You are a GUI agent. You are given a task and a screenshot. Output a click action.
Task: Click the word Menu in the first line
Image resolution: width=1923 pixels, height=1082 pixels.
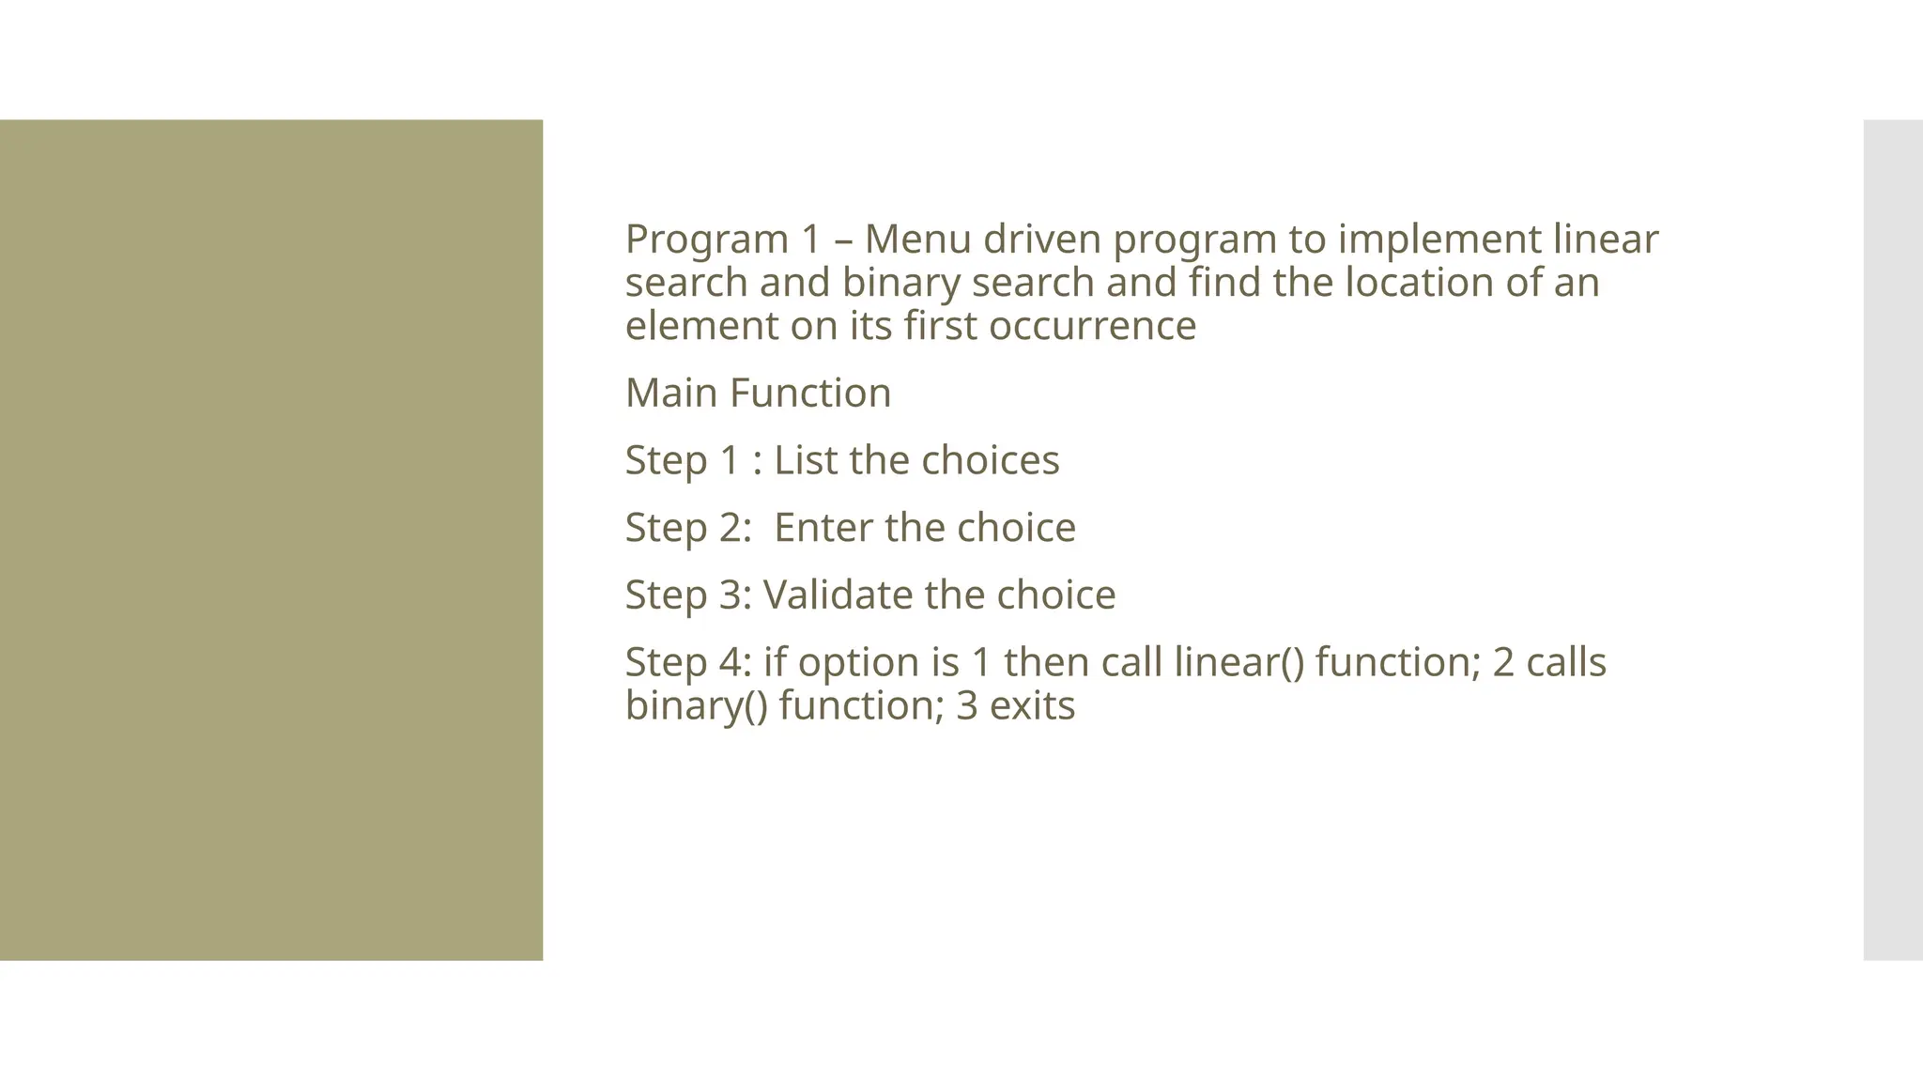[x=917, y=240]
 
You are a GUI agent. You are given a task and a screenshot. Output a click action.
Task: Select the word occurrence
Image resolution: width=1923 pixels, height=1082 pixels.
[x=1092, y=327]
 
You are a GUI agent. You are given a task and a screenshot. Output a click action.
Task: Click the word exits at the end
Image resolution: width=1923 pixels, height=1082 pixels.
[x=1032, y=706]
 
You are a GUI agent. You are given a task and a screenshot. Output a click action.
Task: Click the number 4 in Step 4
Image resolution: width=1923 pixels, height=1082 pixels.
[x=731, y=662]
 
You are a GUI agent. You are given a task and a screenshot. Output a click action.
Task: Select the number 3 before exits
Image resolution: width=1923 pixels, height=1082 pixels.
[x=967, y=706]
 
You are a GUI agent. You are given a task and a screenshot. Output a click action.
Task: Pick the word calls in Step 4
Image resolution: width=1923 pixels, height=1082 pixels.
[x=1566, y=662]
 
